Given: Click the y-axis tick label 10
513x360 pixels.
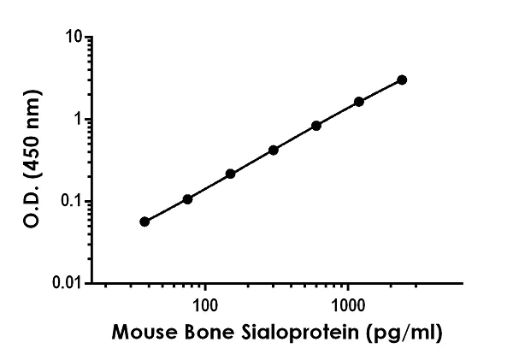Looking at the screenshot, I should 74,38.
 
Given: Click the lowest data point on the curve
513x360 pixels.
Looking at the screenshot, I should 144,221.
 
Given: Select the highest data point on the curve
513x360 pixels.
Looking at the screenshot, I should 402,80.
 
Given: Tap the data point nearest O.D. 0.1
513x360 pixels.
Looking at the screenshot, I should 187,199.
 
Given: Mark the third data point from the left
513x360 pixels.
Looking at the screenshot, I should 231,174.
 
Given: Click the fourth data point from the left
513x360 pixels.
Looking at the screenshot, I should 274,150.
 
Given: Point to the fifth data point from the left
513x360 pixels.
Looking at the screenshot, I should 316,126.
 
